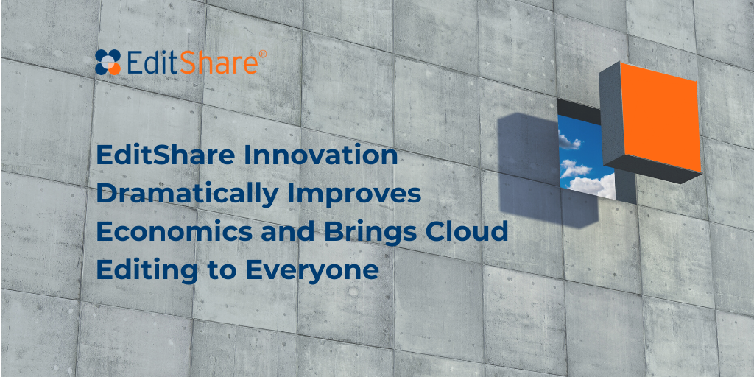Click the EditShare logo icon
point(108,63)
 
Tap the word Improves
point(354,194)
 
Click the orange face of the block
point(660,116)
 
